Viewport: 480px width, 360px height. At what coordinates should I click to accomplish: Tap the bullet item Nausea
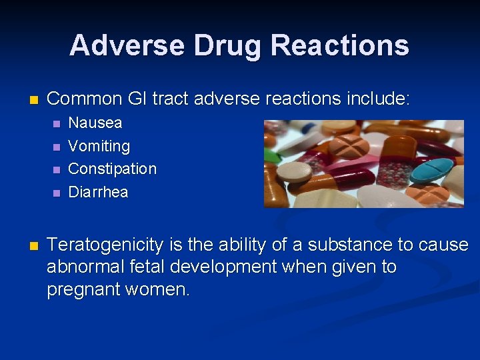[95, 123]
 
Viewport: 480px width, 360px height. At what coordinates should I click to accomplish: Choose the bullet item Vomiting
[99, 146]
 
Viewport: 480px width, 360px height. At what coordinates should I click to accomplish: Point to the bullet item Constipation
[113, 169]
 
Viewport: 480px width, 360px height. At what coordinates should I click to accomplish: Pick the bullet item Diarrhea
[99, 192]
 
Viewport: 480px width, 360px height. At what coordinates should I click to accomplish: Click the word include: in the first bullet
[378, 99]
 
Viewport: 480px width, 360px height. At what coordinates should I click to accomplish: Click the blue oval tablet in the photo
[432, 169]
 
